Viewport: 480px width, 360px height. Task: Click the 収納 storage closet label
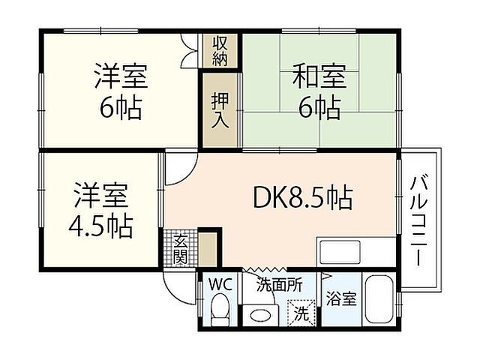click(220, 51)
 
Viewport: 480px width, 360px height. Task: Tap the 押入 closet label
click(220, 109)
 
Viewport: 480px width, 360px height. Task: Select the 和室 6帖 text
click(318, 92)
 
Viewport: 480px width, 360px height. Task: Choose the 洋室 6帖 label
click(120, 92)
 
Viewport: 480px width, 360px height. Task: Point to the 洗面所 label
click(280, 285)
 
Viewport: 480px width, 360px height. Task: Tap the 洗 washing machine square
click(301, 311)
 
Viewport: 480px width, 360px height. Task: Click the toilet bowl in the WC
click(220, 310)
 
